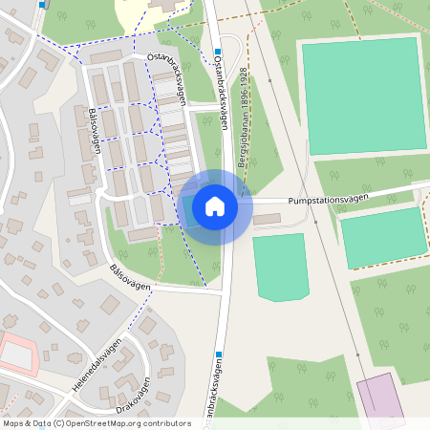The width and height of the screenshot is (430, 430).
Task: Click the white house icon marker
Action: pyautogui.click(x=215, y=205)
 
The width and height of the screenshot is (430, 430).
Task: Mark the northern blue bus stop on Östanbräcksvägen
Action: pyautogui.click(x=218, y=52)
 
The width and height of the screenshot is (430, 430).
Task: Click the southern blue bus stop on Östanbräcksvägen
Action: pyautogui.click(x=219, y=355)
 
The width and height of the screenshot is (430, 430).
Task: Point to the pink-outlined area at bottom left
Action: pyautogui.click(x=20, y=355)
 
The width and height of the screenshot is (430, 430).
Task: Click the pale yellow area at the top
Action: pyautogui.click(x=134, y=12)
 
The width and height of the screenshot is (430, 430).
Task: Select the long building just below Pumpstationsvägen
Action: pyautogui.click(x=268, y=220)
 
